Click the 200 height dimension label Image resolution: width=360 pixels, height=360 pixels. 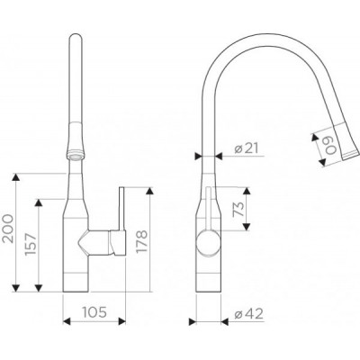[x=8, y=229]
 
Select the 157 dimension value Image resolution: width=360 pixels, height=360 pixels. [x=31, y=244]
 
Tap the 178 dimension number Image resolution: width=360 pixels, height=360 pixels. [x=142, y=241]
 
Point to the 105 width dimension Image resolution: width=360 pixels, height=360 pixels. [x=94, y=312]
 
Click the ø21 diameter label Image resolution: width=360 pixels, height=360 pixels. [x=247, y=148]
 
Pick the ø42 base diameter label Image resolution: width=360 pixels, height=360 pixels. [x=249, y=314]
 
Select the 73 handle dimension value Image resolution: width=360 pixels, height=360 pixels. [x=238, y=210]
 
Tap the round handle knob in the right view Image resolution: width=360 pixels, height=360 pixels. [x=208, y=242]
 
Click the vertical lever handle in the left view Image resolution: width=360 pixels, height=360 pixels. [x=122, y=210]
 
